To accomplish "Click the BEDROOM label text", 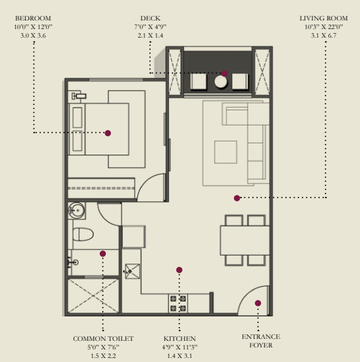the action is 33,18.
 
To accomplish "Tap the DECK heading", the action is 151,18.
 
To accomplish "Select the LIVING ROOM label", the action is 324,18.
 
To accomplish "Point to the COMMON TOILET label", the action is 103,339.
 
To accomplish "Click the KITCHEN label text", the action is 180,339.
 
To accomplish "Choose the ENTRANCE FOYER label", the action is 261,341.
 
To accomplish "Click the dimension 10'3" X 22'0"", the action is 324,27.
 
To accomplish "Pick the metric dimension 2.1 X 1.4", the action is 151,36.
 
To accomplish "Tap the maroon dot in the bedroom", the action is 108,133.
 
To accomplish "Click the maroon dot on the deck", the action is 224,73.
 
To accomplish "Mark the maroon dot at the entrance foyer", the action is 258,303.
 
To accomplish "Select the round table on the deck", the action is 221,82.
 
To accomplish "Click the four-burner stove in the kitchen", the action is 178,303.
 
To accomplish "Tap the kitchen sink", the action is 132,271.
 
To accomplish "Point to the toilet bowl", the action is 83,235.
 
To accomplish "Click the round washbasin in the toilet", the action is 77,211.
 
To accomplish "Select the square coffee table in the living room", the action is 226,152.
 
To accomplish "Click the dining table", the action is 245,240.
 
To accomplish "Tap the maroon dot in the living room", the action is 237,198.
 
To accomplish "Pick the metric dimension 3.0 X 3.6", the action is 33,36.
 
